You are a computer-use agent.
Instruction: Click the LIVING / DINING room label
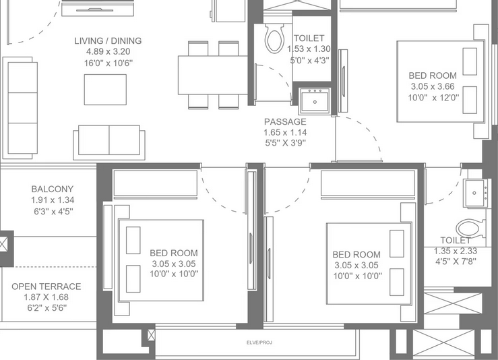[x=108, y=40]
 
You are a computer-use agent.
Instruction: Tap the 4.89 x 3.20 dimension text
[x=108, y=51]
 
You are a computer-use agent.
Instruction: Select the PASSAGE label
[x=285, y=122]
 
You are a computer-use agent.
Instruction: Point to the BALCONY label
[x=53, y=189]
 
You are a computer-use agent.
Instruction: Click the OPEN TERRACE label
[x=46, y=287]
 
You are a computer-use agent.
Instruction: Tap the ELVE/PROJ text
[x=259, y=342]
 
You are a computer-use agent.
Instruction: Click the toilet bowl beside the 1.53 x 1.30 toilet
[x=275, y=38]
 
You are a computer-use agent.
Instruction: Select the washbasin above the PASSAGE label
[x=315, y=100]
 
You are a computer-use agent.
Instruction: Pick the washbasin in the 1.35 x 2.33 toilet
[x=475, y=193]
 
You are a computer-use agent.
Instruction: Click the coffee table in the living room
[x=105, y=90]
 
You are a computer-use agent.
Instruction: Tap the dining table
[x=212, y=75]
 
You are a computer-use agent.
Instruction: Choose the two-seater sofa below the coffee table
[x=109, y=142]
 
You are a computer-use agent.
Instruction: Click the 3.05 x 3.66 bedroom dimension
[x=433, y=86]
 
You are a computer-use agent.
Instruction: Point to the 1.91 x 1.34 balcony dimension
[x=53, y=200]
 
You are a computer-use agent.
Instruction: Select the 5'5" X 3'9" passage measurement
[x=285, y=143]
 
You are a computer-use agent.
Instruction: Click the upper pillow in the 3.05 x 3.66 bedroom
[x=470, y=61]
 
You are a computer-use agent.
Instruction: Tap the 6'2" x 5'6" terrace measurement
[x=46, y=308]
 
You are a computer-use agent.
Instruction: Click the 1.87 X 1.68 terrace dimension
[x=46, y=297]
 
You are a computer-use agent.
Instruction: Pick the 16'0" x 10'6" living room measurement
[x=108, y=63]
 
